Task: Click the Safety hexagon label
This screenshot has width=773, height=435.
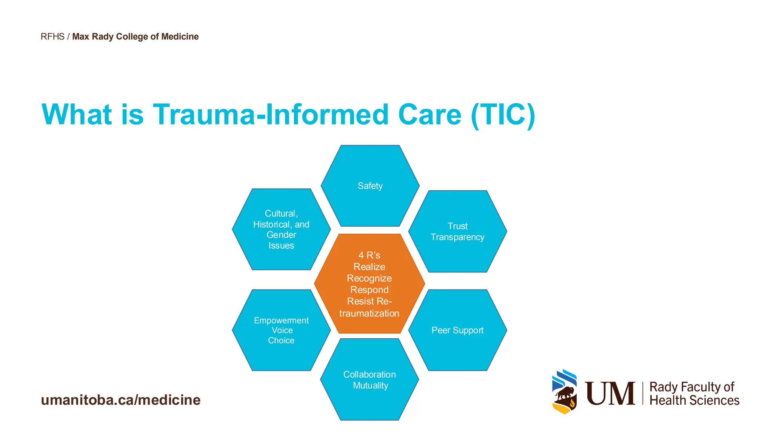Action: (x=370, y=186)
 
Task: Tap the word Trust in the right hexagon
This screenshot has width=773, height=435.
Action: (x=457, y=226)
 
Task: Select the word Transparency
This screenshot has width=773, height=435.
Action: (x=457, y=237)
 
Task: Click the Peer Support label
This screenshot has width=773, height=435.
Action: (x=457, y=330)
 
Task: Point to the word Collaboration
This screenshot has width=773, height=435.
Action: (x=370, y=375)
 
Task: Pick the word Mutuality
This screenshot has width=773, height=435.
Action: (x=370, y=386)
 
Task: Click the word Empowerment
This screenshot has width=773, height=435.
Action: (x=281, y=321)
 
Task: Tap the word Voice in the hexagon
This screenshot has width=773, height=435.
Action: (x=282, y=330)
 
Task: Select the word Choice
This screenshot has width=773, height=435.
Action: (x=281, y=341)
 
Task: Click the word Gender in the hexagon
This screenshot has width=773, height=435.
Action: (x=281, y=235)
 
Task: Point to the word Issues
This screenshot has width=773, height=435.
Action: (x=281, y=246)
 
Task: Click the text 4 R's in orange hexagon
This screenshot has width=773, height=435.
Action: (x=369, y=256)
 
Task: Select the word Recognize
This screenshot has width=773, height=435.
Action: (x=369, y=278)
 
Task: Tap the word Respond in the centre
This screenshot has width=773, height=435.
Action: (x=369, y=290)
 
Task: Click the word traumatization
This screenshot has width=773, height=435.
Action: (x=369, y=313)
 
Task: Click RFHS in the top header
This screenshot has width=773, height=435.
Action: (x=52, y=37)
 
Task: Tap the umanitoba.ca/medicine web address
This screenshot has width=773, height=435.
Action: (x=121, y=400)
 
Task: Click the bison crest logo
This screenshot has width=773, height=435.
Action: (x=565, y=392)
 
